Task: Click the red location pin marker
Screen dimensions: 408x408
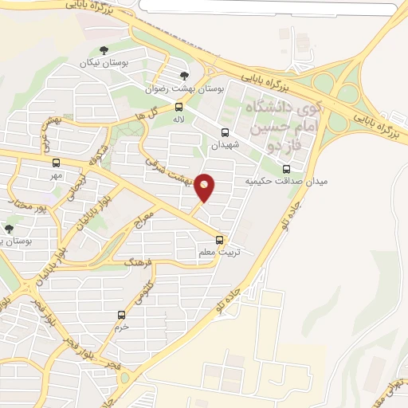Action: [x=205, y=186]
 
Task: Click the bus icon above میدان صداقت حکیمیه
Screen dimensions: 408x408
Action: [x=287, y=169]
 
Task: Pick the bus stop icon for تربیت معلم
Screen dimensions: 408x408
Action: [x=220, y=240]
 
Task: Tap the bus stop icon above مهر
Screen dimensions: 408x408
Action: [x=56, y=163]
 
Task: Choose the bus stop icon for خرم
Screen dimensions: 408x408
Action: [x=121, y=315]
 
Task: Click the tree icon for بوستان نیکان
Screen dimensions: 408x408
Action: [x=104, y=50]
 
